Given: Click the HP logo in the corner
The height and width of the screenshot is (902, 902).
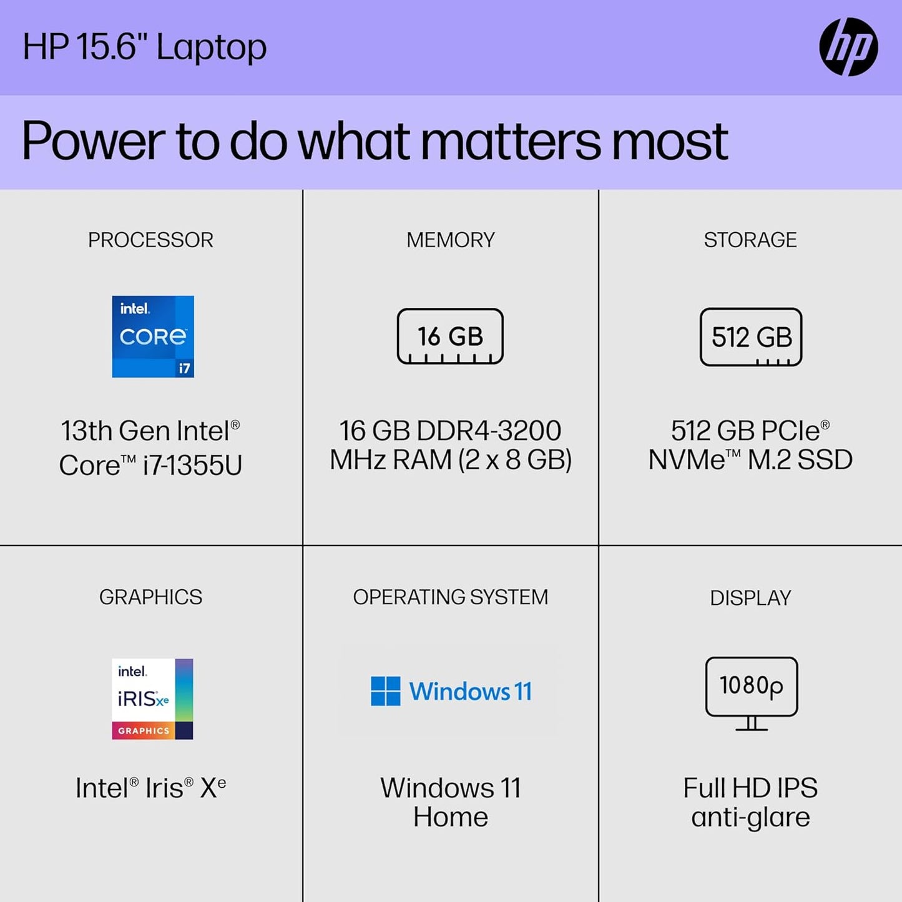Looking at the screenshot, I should point(848,47).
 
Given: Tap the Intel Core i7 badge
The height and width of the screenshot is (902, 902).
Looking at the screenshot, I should point(153,336).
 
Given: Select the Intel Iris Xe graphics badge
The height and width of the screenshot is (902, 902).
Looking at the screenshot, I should point(152,699).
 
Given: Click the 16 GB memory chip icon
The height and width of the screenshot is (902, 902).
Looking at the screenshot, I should point(450,336).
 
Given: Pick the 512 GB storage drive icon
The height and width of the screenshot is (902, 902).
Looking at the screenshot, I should point(751,337).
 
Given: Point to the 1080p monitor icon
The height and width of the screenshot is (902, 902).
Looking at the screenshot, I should point(751,693).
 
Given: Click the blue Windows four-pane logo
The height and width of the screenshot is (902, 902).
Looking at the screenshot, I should point(385,691).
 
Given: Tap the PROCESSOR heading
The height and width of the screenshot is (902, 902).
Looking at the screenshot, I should point(150,240).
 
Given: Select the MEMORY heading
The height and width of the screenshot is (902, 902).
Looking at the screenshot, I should point(450,240).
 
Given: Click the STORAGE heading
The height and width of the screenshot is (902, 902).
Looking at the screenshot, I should point(750,240).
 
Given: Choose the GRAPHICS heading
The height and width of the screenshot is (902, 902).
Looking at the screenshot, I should point(150,597).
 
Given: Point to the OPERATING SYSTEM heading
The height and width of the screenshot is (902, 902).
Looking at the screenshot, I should point(450,597).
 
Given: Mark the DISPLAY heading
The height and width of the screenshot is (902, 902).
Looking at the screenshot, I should point(750,597).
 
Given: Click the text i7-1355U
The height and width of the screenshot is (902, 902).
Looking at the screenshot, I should point(192,465).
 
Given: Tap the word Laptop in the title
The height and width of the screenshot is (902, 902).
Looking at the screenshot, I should point(211,47).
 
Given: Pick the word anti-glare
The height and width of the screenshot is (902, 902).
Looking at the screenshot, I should point(750,817).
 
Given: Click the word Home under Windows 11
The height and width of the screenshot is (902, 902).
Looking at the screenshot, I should point(450,817).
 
